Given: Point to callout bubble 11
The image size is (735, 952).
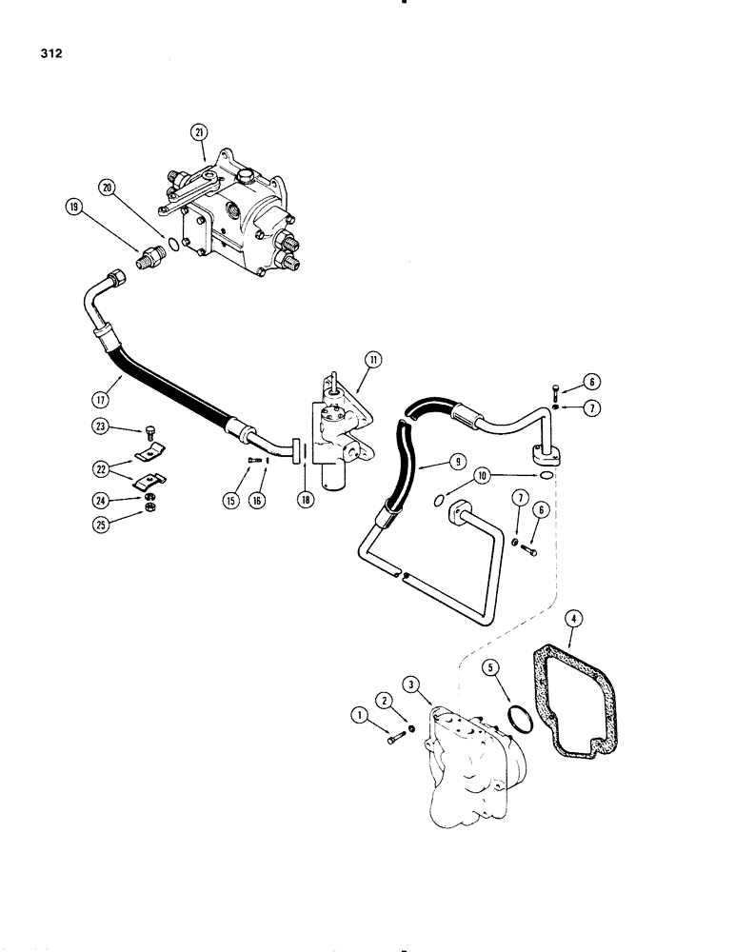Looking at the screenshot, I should pos(371,360).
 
